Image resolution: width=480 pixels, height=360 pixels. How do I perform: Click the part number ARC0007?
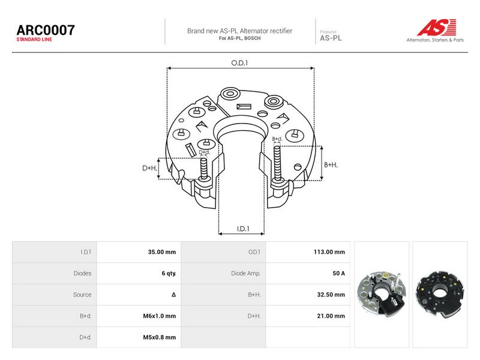46,30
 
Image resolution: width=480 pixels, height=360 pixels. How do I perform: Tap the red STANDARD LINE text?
34,40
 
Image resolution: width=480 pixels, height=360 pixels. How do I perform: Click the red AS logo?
437,27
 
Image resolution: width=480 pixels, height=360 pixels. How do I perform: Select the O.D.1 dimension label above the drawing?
239,63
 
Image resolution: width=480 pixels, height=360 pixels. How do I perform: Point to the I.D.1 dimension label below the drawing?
243,229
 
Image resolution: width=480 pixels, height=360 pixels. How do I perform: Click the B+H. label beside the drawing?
331,164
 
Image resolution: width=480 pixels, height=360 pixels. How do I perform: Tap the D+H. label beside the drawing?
149,168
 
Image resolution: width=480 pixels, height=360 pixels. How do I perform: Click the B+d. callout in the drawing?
277,139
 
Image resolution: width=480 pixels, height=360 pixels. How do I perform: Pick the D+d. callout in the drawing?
205,152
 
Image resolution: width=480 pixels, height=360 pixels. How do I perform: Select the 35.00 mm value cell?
162,252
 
